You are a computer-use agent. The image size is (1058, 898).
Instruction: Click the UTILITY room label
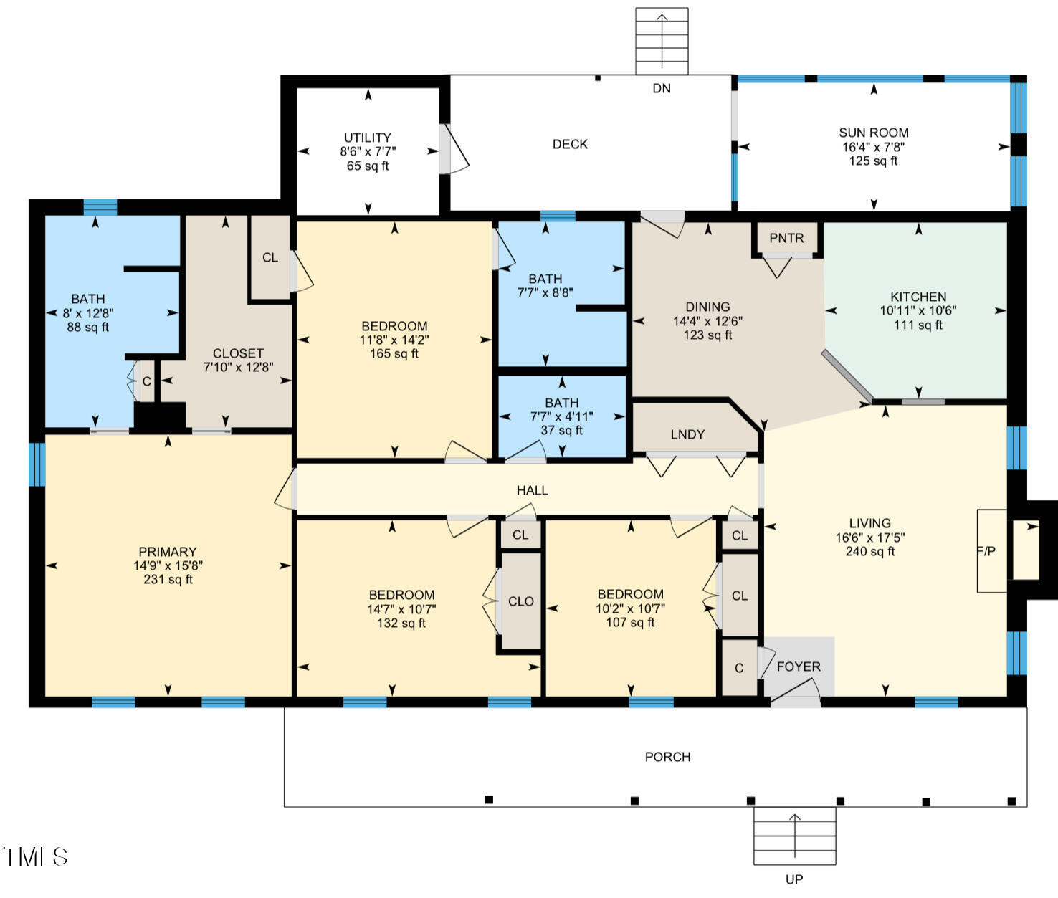click(x=368, y=138)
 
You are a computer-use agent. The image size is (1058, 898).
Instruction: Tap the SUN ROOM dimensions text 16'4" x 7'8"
click(x=874, y=147)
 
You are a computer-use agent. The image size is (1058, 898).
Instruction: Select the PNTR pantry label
click(x=786, y=238)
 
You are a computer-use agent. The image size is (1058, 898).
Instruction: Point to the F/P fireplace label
click(x=986, y=551)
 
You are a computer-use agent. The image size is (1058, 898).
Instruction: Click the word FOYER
click(x=799, y=667)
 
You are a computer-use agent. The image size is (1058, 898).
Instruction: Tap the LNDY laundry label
click(x=687, y=434)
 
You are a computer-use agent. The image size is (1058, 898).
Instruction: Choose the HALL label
click(x=533, y=490)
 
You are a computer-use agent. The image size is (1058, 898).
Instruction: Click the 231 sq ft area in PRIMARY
click(x=168, y=579)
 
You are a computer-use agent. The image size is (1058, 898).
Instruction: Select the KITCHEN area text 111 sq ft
click(x=918, y=325)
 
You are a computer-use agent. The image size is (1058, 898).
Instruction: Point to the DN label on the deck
click(x=662, y=89)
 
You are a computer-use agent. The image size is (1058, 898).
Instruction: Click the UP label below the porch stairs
click(x=794, y=879)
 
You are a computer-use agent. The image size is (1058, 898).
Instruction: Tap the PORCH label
click(x=667, y=757)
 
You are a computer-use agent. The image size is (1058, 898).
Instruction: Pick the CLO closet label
click(x=521, y=602)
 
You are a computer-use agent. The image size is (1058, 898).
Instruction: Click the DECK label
click(x=570, y=144)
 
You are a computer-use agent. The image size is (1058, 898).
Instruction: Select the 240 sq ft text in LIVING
click(x=870, y=551)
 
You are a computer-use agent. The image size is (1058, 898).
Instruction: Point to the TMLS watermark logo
click(x=35, y=856)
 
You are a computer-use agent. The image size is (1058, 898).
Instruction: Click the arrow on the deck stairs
click(x=662, y=41)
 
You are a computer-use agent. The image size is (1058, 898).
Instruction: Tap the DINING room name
click(x=707, y=307)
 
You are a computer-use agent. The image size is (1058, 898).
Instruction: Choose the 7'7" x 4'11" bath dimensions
click(x=561, y=416)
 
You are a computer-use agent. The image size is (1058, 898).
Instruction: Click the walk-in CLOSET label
click(x=238, y=353)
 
